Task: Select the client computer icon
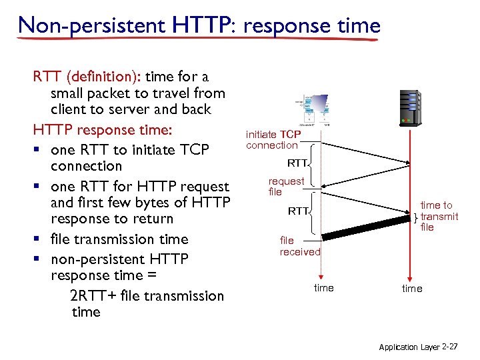pos(317,109)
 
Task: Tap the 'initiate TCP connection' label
pos(273,140)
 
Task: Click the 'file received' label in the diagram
pos(299,247)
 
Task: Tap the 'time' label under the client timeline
pos(323,288)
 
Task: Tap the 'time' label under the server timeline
pos(411,289)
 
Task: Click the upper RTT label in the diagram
pos(297,163)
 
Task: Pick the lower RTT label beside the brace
pos(297,211)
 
